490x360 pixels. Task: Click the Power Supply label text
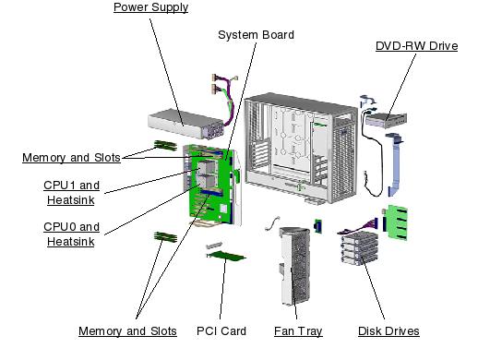click(x=150, y=8)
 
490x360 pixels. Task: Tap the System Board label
click(x=256, y=35)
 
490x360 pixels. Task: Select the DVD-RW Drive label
click(x=416, y=46)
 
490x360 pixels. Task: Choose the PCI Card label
click(x=221, y=330)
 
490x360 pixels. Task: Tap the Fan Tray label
click(x=298, y=330)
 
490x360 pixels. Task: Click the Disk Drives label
click(x=388, y=330)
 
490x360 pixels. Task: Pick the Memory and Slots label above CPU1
click(x=71, y=158)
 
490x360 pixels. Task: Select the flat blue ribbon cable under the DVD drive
click(x=400, y=166)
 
